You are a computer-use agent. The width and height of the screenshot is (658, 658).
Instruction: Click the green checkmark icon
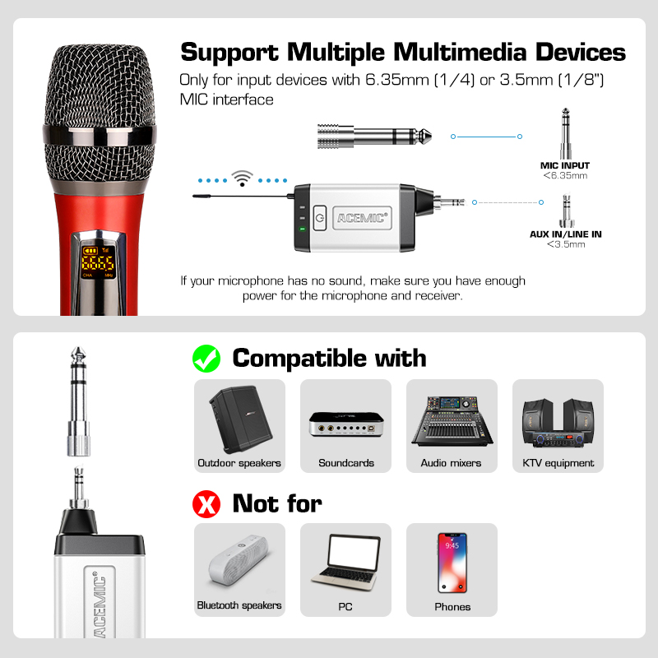206,359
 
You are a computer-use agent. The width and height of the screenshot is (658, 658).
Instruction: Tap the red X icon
206,504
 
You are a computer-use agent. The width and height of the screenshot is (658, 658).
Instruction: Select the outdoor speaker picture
240,419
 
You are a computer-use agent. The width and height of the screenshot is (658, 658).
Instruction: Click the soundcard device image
346,424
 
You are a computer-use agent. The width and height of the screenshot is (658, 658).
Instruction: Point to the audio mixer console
452,421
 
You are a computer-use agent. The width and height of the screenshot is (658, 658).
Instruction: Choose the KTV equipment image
558,423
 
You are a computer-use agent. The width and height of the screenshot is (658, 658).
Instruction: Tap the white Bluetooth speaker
239,560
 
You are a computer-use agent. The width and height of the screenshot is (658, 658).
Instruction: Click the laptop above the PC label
346,563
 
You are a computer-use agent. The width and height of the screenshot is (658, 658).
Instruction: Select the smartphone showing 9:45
452,563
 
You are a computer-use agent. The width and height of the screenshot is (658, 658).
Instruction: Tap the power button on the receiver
320,217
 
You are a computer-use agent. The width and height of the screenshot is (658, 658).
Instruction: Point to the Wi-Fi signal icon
242,178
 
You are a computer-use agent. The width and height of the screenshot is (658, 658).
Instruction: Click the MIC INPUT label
565,165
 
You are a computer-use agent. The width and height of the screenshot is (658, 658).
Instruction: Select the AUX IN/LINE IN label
565,234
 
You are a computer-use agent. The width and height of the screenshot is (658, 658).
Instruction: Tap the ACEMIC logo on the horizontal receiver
362,218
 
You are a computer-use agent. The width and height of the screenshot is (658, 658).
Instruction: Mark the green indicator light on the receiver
302,229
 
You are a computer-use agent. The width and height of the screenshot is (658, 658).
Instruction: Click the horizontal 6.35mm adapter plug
374,136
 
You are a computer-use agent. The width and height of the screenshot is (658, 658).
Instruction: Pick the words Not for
277,503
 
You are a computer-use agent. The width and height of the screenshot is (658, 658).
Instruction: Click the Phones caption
452,607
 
